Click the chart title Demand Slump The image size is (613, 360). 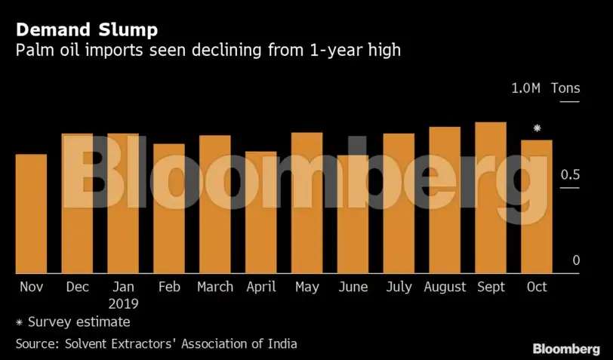tap(87, 31)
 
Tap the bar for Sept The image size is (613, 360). tap(491, 198)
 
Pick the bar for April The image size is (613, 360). tap(261, 212)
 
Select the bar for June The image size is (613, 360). tap(353, 214)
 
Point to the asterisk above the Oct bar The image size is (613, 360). tap(537, 129)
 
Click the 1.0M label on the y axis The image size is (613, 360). tap(525, 88)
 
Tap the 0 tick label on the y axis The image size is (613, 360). tap(575, 260)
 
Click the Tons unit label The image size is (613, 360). tap(565, 88)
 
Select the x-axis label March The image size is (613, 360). tap(215, 287)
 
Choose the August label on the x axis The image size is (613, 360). tap(445, 287)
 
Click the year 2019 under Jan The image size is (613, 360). tap(123, 303)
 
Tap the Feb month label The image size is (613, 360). tap(169, 287)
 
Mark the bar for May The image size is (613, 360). tap(307, 203)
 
